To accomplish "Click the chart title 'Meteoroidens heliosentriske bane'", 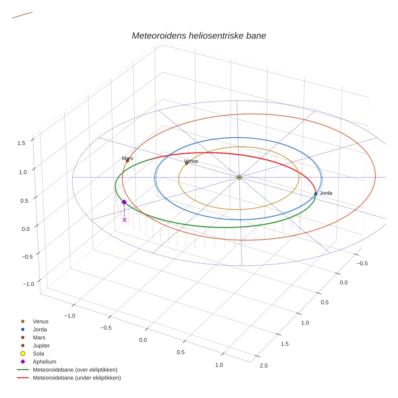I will [199, 36].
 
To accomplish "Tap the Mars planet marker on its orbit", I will [127, 161].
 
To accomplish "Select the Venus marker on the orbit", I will [186, 163].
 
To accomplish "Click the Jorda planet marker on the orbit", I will [315, 194].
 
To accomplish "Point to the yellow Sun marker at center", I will [239, 177].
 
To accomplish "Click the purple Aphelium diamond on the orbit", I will [124, 202].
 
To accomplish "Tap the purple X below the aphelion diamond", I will [124, 220].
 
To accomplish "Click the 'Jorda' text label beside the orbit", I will [326, 193].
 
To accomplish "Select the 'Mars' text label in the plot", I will [127, 159].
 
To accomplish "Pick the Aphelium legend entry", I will [44, 362].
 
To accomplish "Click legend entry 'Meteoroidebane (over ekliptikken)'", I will [75, 370].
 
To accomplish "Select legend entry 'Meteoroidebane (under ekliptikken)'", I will [77, 378].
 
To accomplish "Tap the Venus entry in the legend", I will [40, 321].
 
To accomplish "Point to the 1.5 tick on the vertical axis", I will [21, 142].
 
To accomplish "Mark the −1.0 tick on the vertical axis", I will [28, 284].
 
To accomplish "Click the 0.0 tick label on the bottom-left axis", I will [143, 339].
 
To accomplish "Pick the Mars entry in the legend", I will [39, 337].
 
